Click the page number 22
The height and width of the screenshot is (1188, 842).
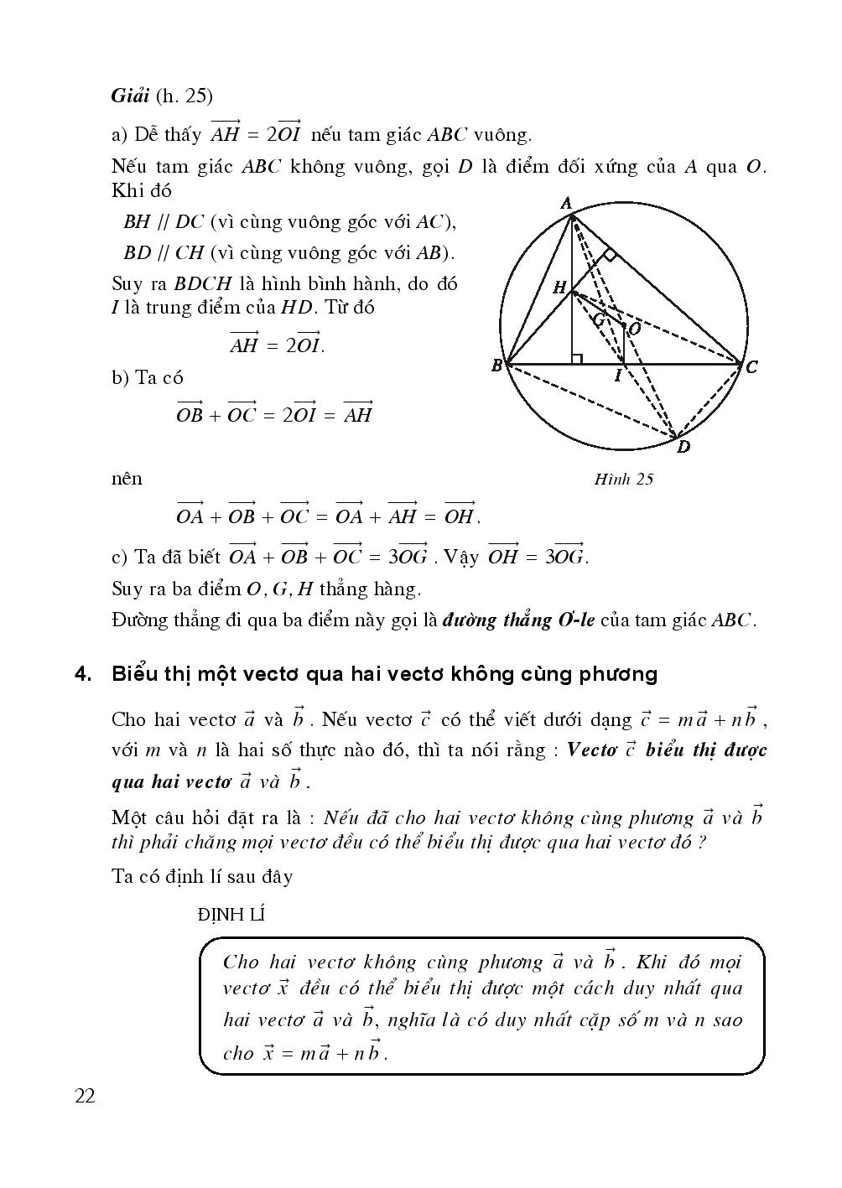(x=85, y=1096)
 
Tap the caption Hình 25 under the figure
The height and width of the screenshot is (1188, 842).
(x=623, y=479)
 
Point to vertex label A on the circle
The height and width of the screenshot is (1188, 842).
(x=566, y=203)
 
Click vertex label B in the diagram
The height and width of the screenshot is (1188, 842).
(x=496, y=366)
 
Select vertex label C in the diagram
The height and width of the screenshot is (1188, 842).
(x=751, y=366)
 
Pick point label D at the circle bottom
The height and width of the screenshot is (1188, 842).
(x=683, y=448)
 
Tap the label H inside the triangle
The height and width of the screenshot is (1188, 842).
(x=559, y=288)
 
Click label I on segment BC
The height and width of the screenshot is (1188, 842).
(x=617, y=376)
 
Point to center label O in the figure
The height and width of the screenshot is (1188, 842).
(x=635, y=329)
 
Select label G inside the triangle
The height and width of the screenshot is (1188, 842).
(x=599, y=319)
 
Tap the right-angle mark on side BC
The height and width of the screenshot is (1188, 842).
(x=577, y=359)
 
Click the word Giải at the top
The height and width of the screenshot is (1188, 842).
(x=130, y=95)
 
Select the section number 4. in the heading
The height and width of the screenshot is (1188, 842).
(x=82, y=674)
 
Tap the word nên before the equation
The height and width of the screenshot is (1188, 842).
(x=127, y=479)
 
